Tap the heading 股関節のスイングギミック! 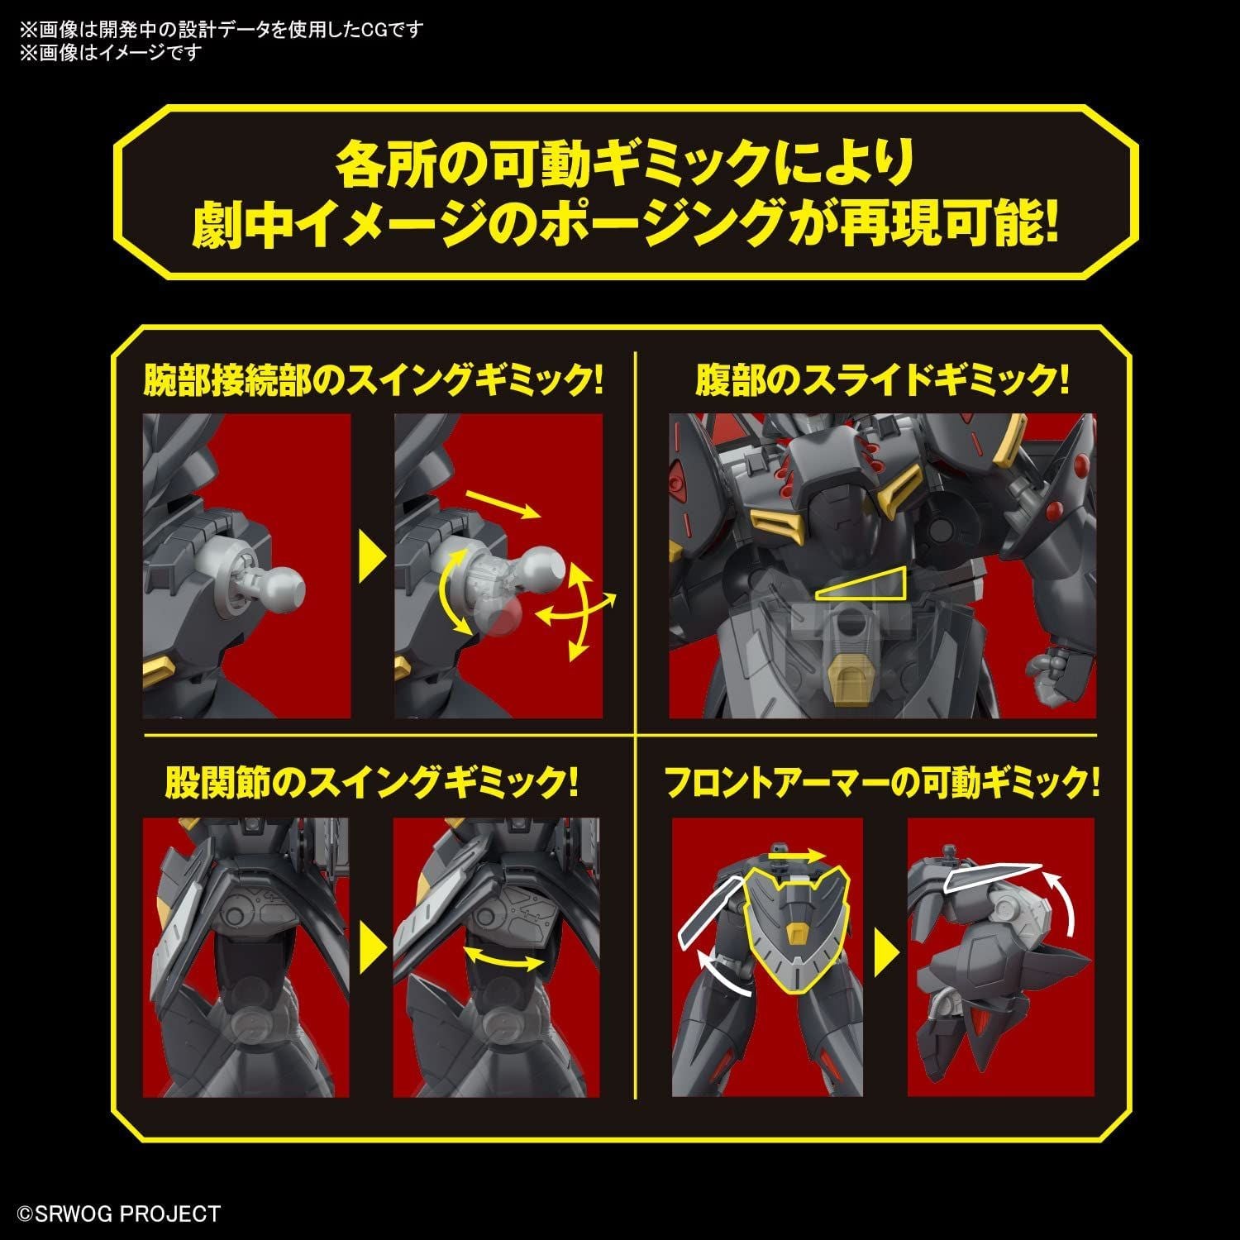point(371,781)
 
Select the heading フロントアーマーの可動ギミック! point(882,781)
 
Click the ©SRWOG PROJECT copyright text point(120,1214)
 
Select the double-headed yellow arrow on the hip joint point(504,959)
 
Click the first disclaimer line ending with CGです point(222,30)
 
